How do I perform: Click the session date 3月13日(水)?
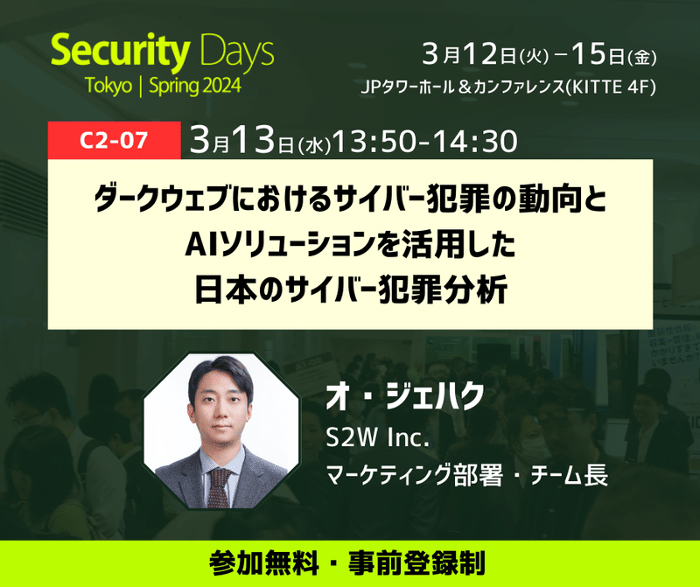click(x=257, y=140)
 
